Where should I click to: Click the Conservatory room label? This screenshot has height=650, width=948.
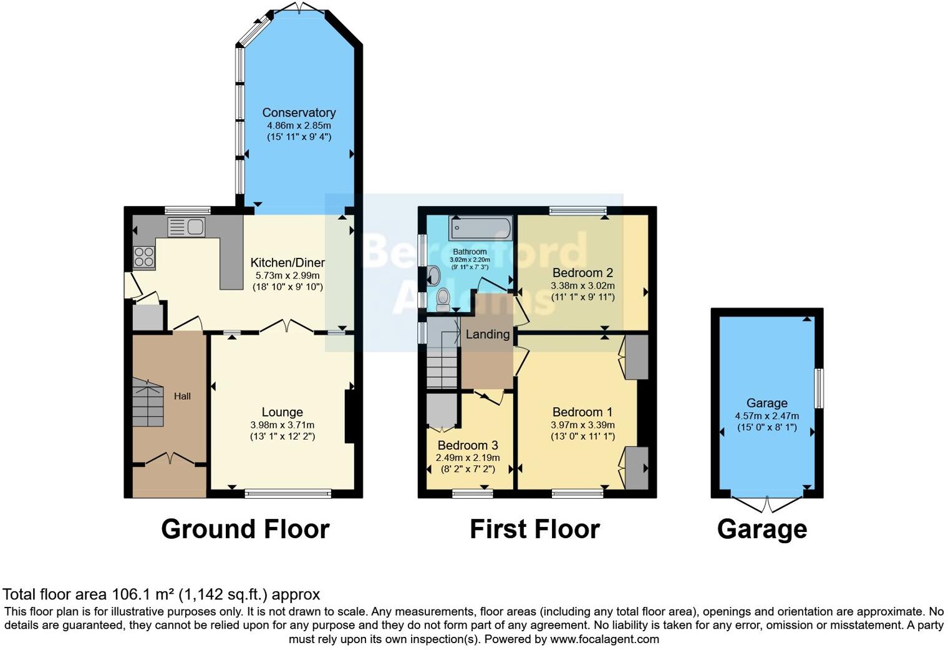299,112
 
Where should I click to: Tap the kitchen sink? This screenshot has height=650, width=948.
186,227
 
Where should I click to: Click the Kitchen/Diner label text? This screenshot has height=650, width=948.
288,262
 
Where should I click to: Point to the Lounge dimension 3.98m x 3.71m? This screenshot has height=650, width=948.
282,425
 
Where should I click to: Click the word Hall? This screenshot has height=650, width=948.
182,396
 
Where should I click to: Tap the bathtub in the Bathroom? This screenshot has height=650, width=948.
483,229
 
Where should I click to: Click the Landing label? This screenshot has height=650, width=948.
487,334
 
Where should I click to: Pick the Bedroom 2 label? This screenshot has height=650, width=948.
583,273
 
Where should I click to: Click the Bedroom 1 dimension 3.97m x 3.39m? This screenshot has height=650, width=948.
583,425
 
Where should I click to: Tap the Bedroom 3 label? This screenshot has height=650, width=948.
467,445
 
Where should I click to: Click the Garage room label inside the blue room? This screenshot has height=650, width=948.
767,403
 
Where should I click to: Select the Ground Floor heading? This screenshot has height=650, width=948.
245,529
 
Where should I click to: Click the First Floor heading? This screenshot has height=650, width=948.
534,529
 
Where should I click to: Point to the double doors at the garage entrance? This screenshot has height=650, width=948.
767,503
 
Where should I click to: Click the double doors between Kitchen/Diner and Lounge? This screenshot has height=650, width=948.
286,326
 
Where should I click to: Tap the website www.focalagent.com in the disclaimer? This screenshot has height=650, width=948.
604,639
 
